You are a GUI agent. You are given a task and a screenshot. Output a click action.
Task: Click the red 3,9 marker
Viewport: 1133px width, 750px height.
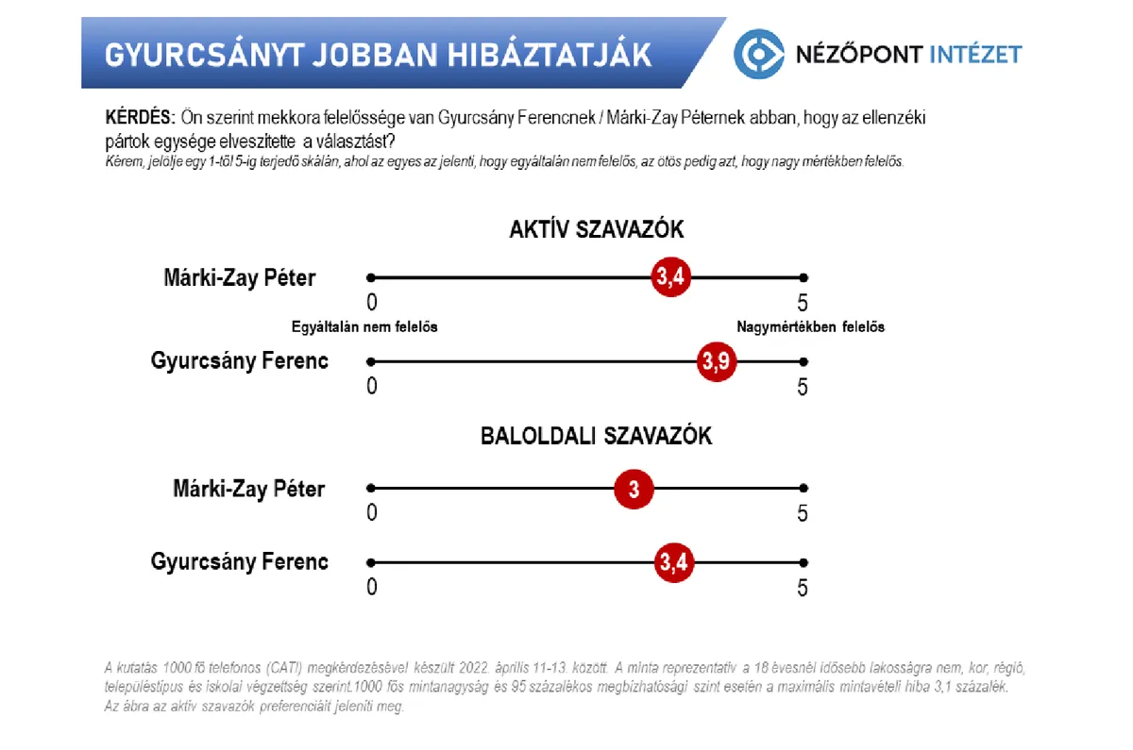click(717, 361)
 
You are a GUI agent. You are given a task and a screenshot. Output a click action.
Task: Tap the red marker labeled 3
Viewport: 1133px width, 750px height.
click(634, 489)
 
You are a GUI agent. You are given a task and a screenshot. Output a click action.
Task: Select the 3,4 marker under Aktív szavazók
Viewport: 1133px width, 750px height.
click(670, 277)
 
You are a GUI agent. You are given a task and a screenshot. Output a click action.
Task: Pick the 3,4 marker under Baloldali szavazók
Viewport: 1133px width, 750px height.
click(674, 562)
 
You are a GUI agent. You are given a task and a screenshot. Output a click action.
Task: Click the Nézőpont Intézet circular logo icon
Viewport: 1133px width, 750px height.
click(759, 54)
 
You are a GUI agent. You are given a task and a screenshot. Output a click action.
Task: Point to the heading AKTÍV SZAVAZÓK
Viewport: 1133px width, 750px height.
click(597, 229)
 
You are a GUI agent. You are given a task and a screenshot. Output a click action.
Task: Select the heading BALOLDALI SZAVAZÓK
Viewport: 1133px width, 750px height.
click(597, 436)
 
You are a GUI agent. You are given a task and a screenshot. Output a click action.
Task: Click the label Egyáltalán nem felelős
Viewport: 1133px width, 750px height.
click(364, 327)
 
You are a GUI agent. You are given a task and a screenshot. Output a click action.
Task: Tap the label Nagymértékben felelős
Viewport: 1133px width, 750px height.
click(810, 327)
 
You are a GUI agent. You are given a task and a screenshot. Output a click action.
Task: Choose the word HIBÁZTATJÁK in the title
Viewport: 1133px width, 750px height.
click(550, 55)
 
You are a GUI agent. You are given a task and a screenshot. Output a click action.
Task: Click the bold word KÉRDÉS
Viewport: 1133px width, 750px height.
click(140, 117)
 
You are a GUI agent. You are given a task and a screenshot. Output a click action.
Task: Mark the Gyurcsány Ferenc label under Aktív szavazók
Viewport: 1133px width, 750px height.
click(239, 360)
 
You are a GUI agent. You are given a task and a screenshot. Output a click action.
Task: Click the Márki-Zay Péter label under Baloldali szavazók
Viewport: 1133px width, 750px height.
click(249, 489)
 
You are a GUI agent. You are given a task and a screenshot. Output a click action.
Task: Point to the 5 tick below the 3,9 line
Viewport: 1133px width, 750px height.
click(803, 387)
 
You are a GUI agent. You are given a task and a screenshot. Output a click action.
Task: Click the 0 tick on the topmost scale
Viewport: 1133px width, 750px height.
click(372, 302)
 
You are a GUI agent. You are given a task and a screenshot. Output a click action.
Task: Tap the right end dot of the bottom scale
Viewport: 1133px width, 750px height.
click(803, 562)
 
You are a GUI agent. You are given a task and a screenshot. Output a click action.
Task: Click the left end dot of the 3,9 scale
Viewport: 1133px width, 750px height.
click(371, 362)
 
